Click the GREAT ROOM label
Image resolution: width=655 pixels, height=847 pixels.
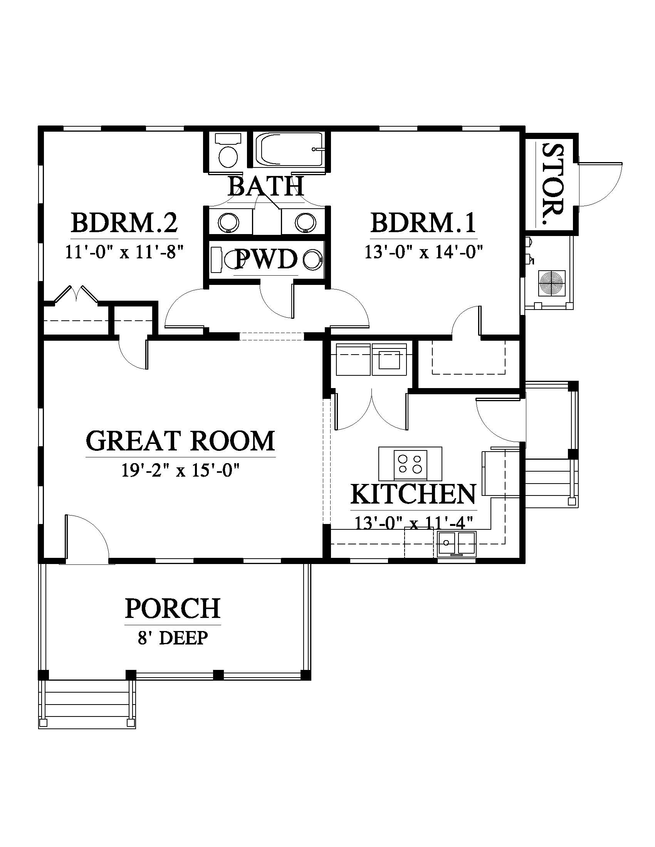180,441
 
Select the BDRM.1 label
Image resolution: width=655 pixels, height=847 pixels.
423,223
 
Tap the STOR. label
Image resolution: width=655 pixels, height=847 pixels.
552,184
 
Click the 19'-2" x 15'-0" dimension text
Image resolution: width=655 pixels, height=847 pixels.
180,471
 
